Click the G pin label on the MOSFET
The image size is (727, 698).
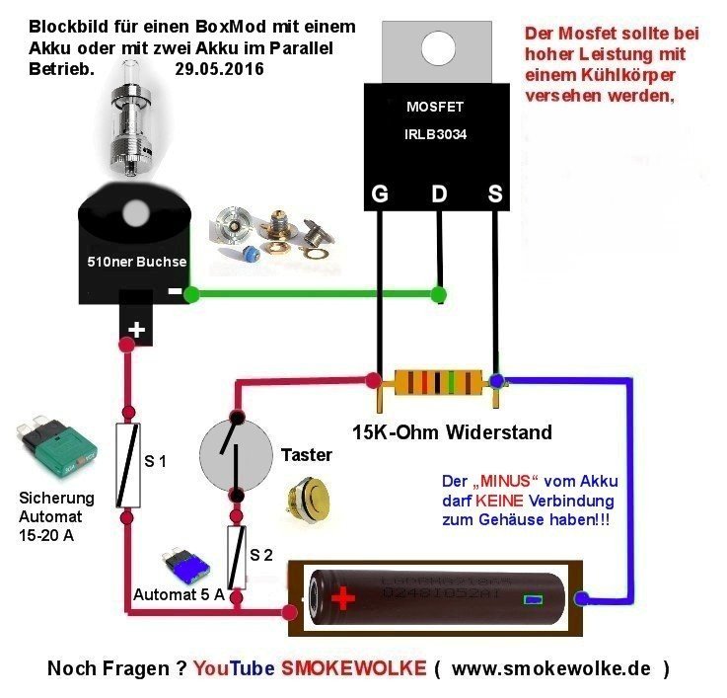click(379, 195)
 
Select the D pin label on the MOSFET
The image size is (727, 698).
click(439, 195)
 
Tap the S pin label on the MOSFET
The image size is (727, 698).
click(495, 195)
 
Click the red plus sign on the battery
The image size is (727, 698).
click(342, 598)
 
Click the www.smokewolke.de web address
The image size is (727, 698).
click(554, 669)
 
